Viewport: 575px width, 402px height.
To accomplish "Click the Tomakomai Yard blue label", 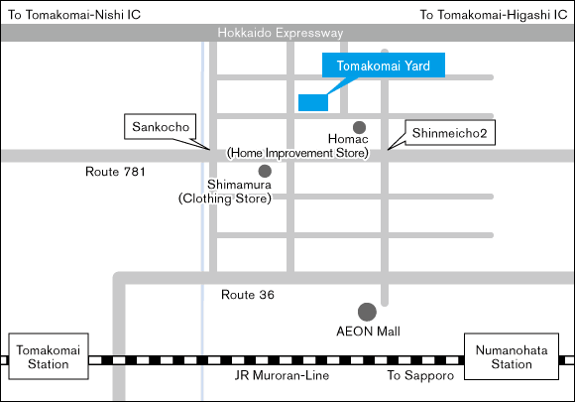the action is pyautogui.click(x=384, y=65).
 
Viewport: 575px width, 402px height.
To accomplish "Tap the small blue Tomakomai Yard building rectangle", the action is pyautogui.click(x=313, y=102).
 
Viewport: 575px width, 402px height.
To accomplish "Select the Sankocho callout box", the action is pyautogui.click(x=161, y=127).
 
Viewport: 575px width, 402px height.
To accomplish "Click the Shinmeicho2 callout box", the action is pyautogui.click(x=450, y=133).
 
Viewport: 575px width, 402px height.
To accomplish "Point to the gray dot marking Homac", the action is pyautogui.click(x=359, y=127).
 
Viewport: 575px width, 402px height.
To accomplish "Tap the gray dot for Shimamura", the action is pyautogui.click(x=265, y=171).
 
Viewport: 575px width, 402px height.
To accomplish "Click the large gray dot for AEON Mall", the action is pyautogui.click(x=367, y=312).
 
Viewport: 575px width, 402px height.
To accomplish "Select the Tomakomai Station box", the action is pyautogui.click(x=49, y=356).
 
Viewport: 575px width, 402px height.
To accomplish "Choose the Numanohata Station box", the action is pyautogui.click(x=512, y=356).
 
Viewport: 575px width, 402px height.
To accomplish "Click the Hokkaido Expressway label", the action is pyautogui.click(x=281, y=33).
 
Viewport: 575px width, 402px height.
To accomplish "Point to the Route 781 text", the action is pyautogui.click(x=115, y=172).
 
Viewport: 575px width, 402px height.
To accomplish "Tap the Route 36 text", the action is pyautogui.click(x=248, y=295).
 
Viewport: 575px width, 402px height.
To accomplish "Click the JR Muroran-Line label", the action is pyautogui.click(x=282, y=375).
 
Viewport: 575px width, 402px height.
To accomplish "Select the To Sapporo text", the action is pyautogui.click(x=420, y=375).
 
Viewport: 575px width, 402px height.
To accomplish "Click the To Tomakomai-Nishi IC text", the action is pyautogui.click(x=74, y=15).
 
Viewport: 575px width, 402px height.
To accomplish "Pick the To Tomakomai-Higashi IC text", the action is pyautogui.click(x=494, y=15).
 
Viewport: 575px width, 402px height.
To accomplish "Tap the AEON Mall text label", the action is pyautogui.click(x=368, y=332).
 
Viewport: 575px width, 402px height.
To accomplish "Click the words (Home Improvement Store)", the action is pyautogui.click(x=297, y=153).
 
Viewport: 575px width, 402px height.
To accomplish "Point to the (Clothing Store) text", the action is pyautogui.click(x=225, y=199).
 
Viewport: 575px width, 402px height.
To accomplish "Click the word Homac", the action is pyautogui.click(x=348, y=139).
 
